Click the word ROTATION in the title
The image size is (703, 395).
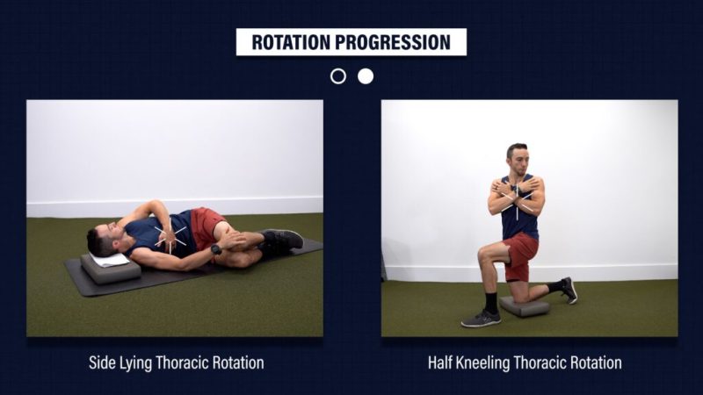pos(292,42)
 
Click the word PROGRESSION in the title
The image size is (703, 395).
pos(393,42)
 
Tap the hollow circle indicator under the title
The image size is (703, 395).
pos(338,76)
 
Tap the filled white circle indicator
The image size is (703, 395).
pos(366,76)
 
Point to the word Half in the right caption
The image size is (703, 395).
pos(440,363)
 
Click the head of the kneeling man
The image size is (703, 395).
pos(518,159)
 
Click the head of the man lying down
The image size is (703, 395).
pos(103,241)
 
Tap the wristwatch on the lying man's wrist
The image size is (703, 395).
pos(216,249)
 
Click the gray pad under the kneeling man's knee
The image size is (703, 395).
pos(525,305)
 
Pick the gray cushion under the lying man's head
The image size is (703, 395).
pos(111,269)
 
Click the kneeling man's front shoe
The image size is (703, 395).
pos(481,319)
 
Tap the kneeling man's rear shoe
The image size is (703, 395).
pos(569,291)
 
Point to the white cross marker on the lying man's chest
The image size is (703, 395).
pos(170,236)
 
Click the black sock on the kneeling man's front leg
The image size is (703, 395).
pos(491,303)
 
